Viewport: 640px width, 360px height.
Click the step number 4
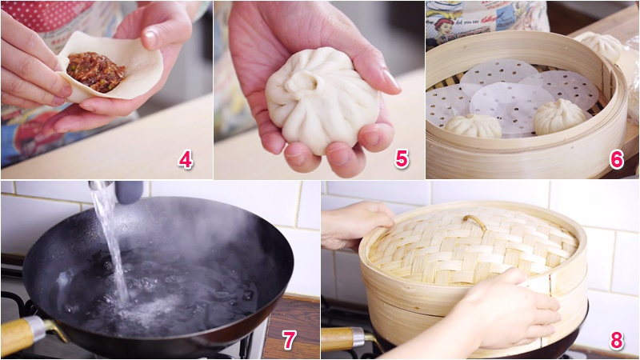(185, 160)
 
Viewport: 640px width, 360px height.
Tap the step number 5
(402, 158)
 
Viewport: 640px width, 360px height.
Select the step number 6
(616, 159)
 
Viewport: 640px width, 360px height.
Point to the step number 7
(289, 339)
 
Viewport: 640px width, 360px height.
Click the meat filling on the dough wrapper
(96, 71)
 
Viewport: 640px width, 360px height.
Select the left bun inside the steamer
(473, 126)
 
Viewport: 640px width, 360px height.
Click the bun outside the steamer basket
(601, 46)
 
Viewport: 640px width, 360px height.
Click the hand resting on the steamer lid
(355, 224)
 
